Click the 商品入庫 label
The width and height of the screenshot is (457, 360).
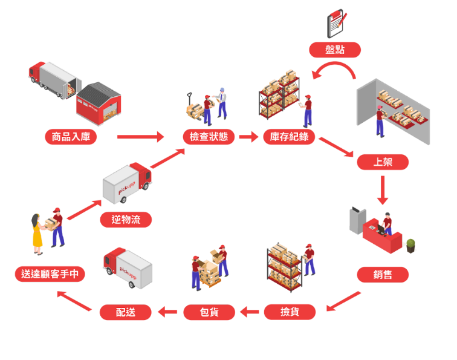(71, 137)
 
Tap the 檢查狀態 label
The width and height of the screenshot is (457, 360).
(209, 137)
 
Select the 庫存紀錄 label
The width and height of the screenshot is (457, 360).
(289, 137)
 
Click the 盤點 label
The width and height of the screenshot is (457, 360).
(334, 50)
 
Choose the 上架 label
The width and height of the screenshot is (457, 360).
(382, 162)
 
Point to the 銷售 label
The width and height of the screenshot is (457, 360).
(382, 275)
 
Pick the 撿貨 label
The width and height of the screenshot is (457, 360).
(290, 312)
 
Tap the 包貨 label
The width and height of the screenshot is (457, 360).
(209, 312)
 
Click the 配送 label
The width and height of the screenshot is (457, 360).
(125, 312)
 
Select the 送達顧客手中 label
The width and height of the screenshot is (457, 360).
(50, 274)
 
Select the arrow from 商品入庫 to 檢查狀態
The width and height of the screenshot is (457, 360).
(140, 137)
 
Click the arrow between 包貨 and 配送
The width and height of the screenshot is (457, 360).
(167, 312)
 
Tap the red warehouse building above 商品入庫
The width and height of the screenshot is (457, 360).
(99, 103)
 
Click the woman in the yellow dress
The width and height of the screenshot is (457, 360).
(37, 233)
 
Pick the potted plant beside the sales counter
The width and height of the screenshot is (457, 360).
(411, 245)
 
